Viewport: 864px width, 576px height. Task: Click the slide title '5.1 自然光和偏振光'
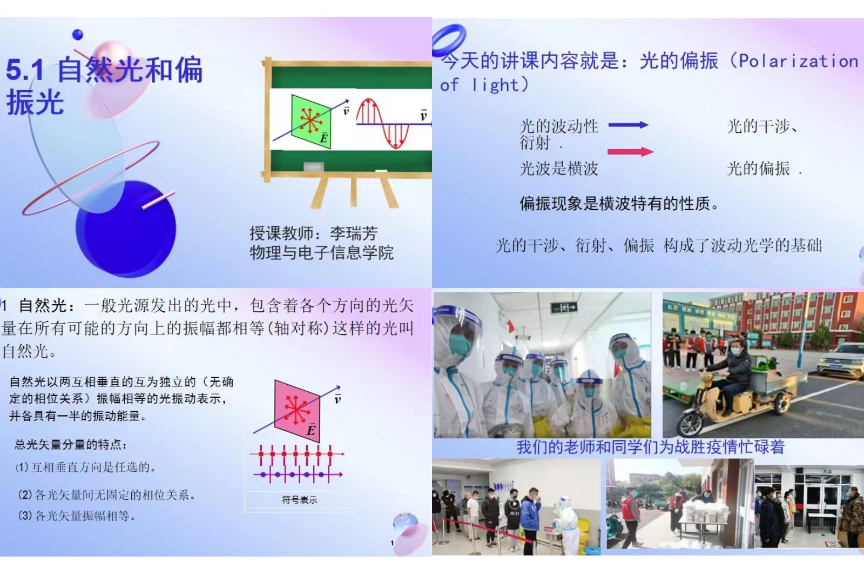(104, 86)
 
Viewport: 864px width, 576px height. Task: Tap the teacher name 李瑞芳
(354, 233)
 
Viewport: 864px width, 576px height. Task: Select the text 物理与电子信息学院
(322, 253)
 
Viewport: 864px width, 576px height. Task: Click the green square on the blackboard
(311, 121)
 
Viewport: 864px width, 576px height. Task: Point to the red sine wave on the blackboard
(382, 123)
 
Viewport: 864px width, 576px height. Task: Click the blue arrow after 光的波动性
(629, 125)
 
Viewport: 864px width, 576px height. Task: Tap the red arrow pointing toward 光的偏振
(630, 151)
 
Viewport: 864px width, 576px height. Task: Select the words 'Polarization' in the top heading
(798, 62)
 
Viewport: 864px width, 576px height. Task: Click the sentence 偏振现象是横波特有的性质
(619, 204)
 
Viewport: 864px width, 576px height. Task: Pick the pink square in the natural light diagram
(297, 410)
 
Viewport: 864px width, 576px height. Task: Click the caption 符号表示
(299, 500)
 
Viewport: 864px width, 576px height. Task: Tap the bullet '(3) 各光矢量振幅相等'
(77, 516)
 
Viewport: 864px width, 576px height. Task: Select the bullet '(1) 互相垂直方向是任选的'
(86, 467)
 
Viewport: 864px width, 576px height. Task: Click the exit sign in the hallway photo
(564, 307)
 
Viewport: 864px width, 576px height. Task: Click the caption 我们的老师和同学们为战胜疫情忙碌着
(651, 447)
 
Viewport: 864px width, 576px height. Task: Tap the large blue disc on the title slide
(126, 229)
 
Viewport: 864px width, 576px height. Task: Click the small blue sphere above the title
(78, 35)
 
